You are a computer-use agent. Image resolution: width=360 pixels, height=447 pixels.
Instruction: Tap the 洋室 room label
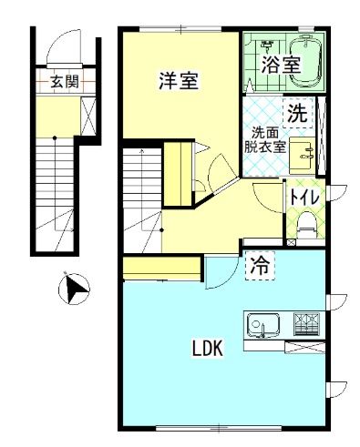coord(178,80)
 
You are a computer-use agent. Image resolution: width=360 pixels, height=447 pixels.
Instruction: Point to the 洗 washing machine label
coord(298,115)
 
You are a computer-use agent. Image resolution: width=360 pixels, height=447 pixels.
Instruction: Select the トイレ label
coord(302,196)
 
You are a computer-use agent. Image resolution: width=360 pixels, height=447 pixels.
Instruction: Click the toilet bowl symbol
coord(305,221)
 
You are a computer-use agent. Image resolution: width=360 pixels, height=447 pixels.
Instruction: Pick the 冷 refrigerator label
coord(260,266)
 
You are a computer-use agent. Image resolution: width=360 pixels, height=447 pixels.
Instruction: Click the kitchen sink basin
coord(262,323)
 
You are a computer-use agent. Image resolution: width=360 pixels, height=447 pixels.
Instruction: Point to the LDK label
coord(208,348)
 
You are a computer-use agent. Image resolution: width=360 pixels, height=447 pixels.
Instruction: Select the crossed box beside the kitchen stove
coord(303,344)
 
